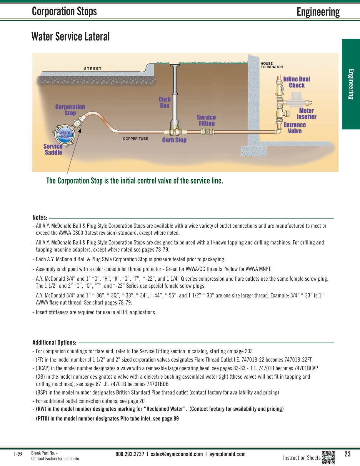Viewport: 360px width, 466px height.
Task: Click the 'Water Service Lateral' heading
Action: (71, 37)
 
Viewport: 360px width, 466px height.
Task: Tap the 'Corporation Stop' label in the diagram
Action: (70, 110)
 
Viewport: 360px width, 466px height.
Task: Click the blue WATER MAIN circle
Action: (65, 135)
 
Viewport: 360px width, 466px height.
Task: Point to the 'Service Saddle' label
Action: (53, 149)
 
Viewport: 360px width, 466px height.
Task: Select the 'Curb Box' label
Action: (165, 102)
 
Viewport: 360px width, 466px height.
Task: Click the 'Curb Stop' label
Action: (174, 140)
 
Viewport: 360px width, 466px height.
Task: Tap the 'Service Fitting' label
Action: (206, 120)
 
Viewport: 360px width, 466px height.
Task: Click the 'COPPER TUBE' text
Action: (136, 139)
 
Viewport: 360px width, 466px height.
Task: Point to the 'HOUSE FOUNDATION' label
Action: (271, 65)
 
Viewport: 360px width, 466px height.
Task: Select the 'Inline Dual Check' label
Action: (296, 82)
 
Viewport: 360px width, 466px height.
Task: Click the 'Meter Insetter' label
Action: (306, 114)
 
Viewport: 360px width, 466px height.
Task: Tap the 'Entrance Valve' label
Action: (295, 128)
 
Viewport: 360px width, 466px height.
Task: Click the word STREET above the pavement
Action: (93, 69)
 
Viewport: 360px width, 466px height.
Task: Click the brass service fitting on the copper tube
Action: (208, 132)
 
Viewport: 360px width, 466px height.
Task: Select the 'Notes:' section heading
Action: (40, 218)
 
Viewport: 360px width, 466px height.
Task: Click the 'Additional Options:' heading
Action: (54, 342)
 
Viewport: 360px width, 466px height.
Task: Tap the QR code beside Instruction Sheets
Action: (329, 457)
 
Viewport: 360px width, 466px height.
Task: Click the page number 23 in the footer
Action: (348, 454)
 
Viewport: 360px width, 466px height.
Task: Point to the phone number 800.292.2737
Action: (130, 454)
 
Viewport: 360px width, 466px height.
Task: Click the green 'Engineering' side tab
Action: (351, 84)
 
